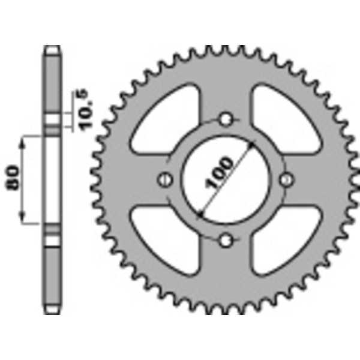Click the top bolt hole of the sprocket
(x=226, y=119)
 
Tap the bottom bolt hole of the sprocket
(x=226, y=241)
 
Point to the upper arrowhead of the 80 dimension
(x=24, y=140)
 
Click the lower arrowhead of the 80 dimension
(x=24, y=220)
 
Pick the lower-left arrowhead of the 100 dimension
(x=200, y=213)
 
